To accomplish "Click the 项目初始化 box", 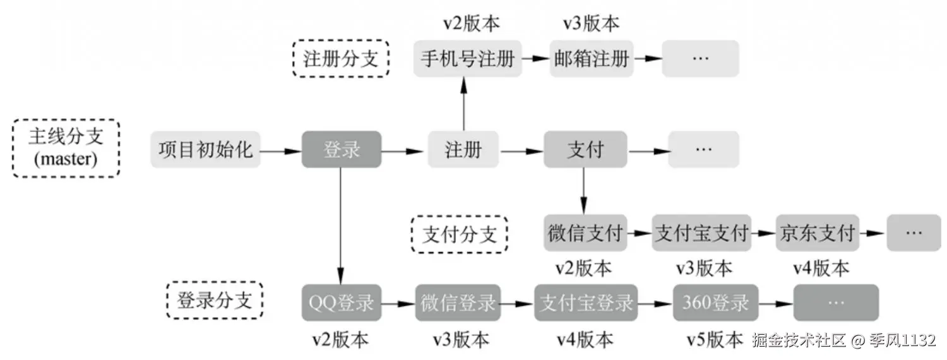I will click(x=205, y=150).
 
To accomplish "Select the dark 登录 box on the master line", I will click(x=342, y=150).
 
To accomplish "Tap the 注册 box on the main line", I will click(x=463, y=150).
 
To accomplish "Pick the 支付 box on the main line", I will click(x=585, y=150).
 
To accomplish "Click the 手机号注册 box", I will click(x=468, y=59).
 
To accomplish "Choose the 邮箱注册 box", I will click(x=592, y=59).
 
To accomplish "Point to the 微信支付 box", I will click(x=585, y=233).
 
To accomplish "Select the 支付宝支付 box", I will click(x=701, y=233).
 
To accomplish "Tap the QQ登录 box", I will click(x=342, y=303).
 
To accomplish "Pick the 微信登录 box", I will click(x=458, y=303).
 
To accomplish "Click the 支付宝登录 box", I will click(x=586, y=303).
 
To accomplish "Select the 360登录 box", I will click(x=715, y=303).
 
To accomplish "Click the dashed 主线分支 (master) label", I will click(x=66, y=148).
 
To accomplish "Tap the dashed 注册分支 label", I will click(x=341, y=59).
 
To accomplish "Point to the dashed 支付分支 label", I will click(x=459, y=234).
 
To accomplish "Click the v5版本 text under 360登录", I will click(x=715, y=340).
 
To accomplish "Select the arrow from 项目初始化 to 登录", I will click(x=280, y=151).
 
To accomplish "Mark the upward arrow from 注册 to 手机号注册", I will click(x=464, y=104).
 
